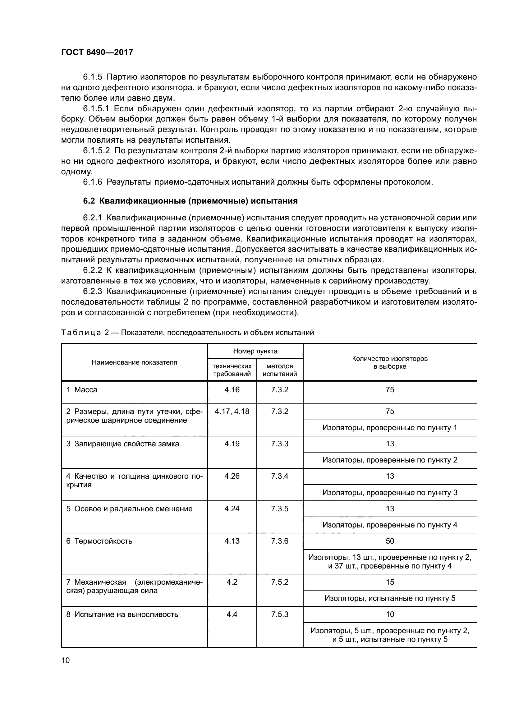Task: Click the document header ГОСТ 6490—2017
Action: (97, 52)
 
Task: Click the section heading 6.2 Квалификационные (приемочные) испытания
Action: (190, 201)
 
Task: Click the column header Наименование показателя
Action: (134, 362)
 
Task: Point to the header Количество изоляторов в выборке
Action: (390, 362)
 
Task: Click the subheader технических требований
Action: (232, 370)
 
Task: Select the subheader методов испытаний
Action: (279, 370)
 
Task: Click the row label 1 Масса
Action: (82, 390)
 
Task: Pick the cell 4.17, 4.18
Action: (232, 411)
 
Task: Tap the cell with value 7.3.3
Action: (279, 444)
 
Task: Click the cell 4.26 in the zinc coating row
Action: (232, 476)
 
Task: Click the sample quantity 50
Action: (390, 541)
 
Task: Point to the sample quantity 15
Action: (390, 582)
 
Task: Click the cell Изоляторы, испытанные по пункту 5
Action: (390, 598)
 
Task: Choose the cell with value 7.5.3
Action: (279, 614)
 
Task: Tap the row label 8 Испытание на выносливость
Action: (122, 614)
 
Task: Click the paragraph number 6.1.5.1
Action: (96, 108)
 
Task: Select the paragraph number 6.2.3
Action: (92, 291)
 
